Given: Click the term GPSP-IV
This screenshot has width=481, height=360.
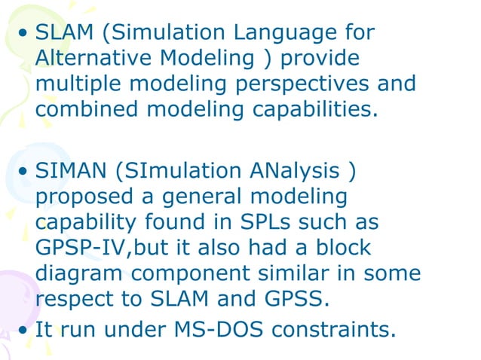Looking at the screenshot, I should coord(78,247).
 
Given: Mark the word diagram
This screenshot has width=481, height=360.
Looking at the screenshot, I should coord(79,272).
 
